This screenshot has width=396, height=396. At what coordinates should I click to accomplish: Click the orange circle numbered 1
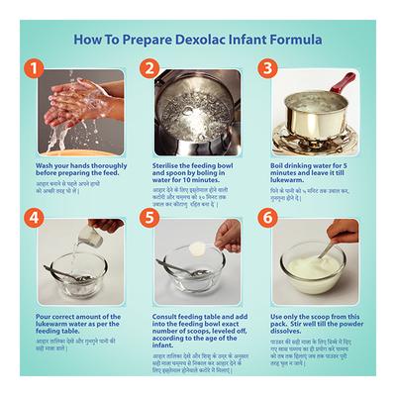34,69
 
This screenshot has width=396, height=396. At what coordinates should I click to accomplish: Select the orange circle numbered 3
266,69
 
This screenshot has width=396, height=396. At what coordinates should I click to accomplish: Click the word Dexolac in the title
198,41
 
